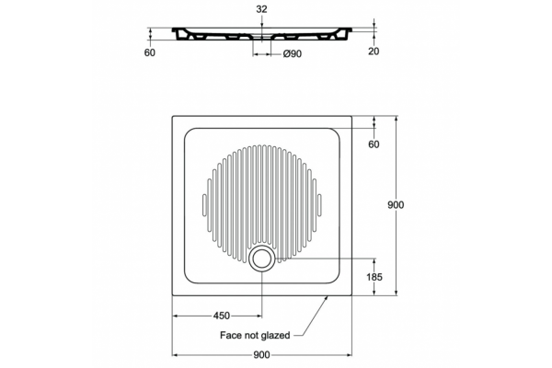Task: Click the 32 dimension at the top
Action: coord(261,9)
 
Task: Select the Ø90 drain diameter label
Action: coord(293,54)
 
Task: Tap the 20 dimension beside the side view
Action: coord(374,52)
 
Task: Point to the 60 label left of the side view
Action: coord(150,52)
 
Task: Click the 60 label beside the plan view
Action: coord(374,144)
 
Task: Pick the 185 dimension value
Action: coord(374,277)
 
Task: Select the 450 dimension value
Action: coord(222,316)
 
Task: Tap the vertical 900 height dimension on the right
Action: coord(396,204)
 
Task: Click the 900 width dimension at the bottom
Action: coord(261,355)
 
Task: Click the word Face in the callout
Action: coord(229,335)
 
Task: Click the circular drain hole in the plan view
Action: coord(261,259)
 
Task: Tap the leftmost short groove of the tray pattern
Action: coord(204,204)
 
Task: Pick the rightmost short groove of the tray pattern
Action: coord(319,204)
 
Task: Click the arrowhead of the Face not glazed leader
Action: coord(326,298)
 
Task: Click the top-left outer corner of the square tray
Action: coord(172,116)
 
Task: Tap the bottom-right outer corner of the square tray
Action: coord(351,295)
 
